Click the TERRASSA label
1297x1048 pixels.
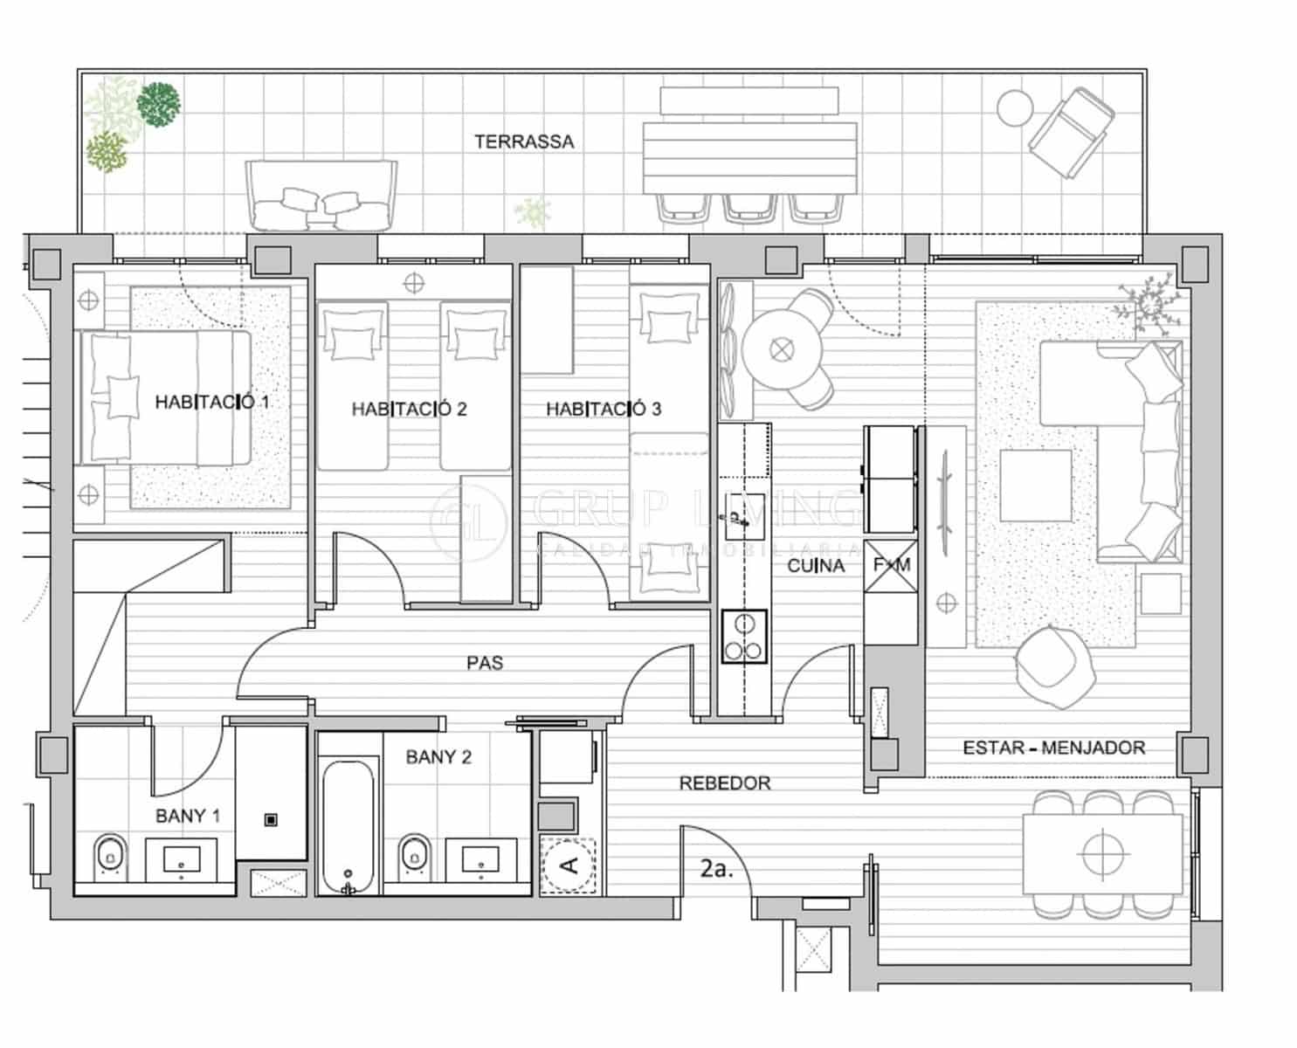pyautogui.click(x=524, y=141)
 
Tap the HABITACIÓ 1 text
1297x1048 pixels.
pyautogui.click(x=212, y=403)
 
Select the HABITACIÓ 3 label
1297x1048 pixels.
pyautogui.click(x=604, y=409)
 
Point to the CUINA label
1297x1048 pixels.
pyautogui.click(x=816, y=566)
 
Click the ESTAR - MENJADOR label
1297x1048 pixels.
pyautogui.click(x=1053, y=748)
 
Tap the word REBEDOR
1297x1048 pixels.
pyautogui.click(x=725, y=783)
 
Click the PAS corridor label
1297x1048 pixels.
pyautogui.click(x=485, y=663)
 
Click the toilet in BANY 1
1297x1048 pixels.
pyautogui.click(x=109, y=857)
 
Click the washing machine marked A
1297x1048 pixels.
pyautogui.click(x=569, y=865)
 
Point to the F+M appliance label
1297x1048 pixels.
pyautogui.click(x=892, y=565)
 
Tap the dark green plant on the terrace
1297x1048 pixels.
pyautogui.click(x=160, y=104)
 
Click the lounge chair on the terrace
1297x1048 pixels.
pyautogui.click(x=1070, y=131)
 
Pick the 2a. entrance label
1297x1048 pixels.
pyautogui.click(x=716, y=870)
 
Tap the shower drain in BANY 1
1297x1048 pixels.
pyautogui.click(x=271, y=819)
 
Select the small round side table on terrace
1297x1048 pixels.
pyautogui.click(x=1015, y=107)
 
